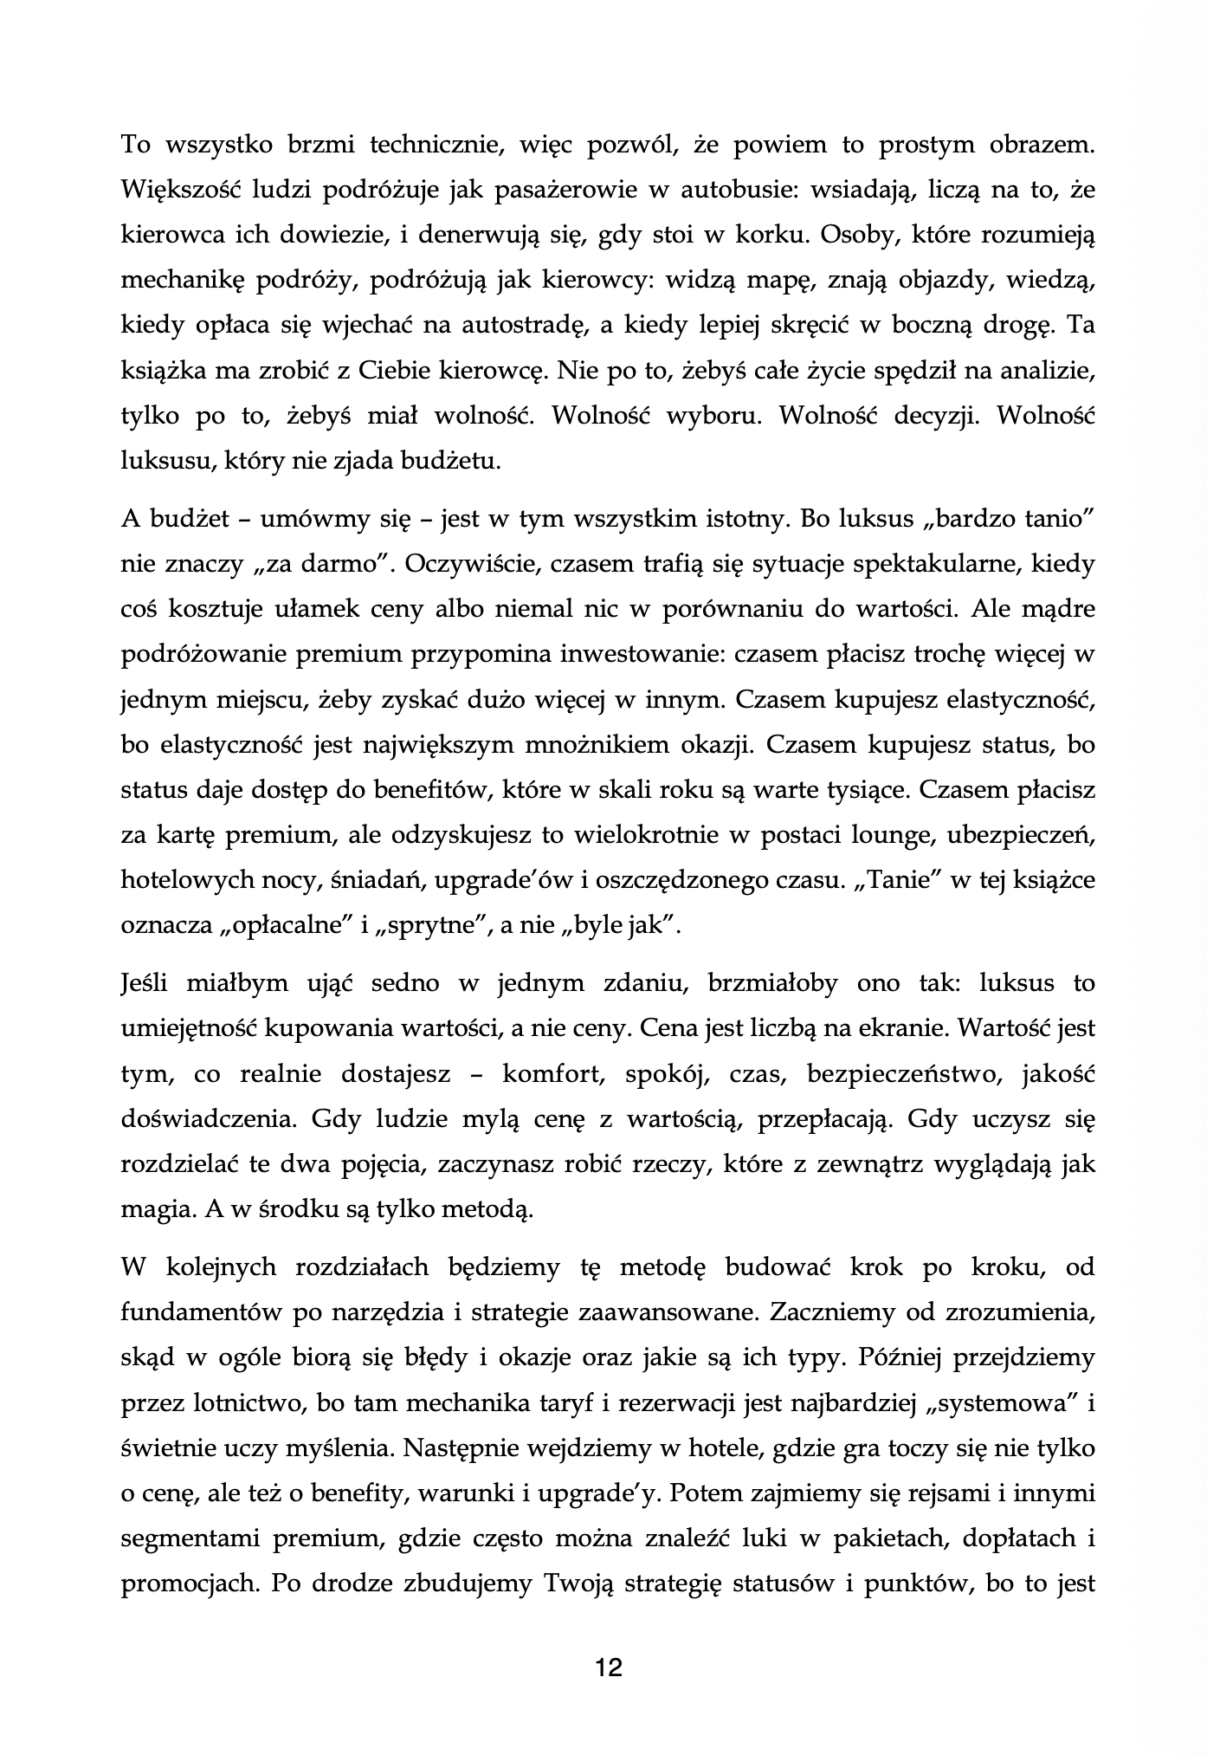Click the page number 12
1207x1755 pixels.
(x=609, y=1667)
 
